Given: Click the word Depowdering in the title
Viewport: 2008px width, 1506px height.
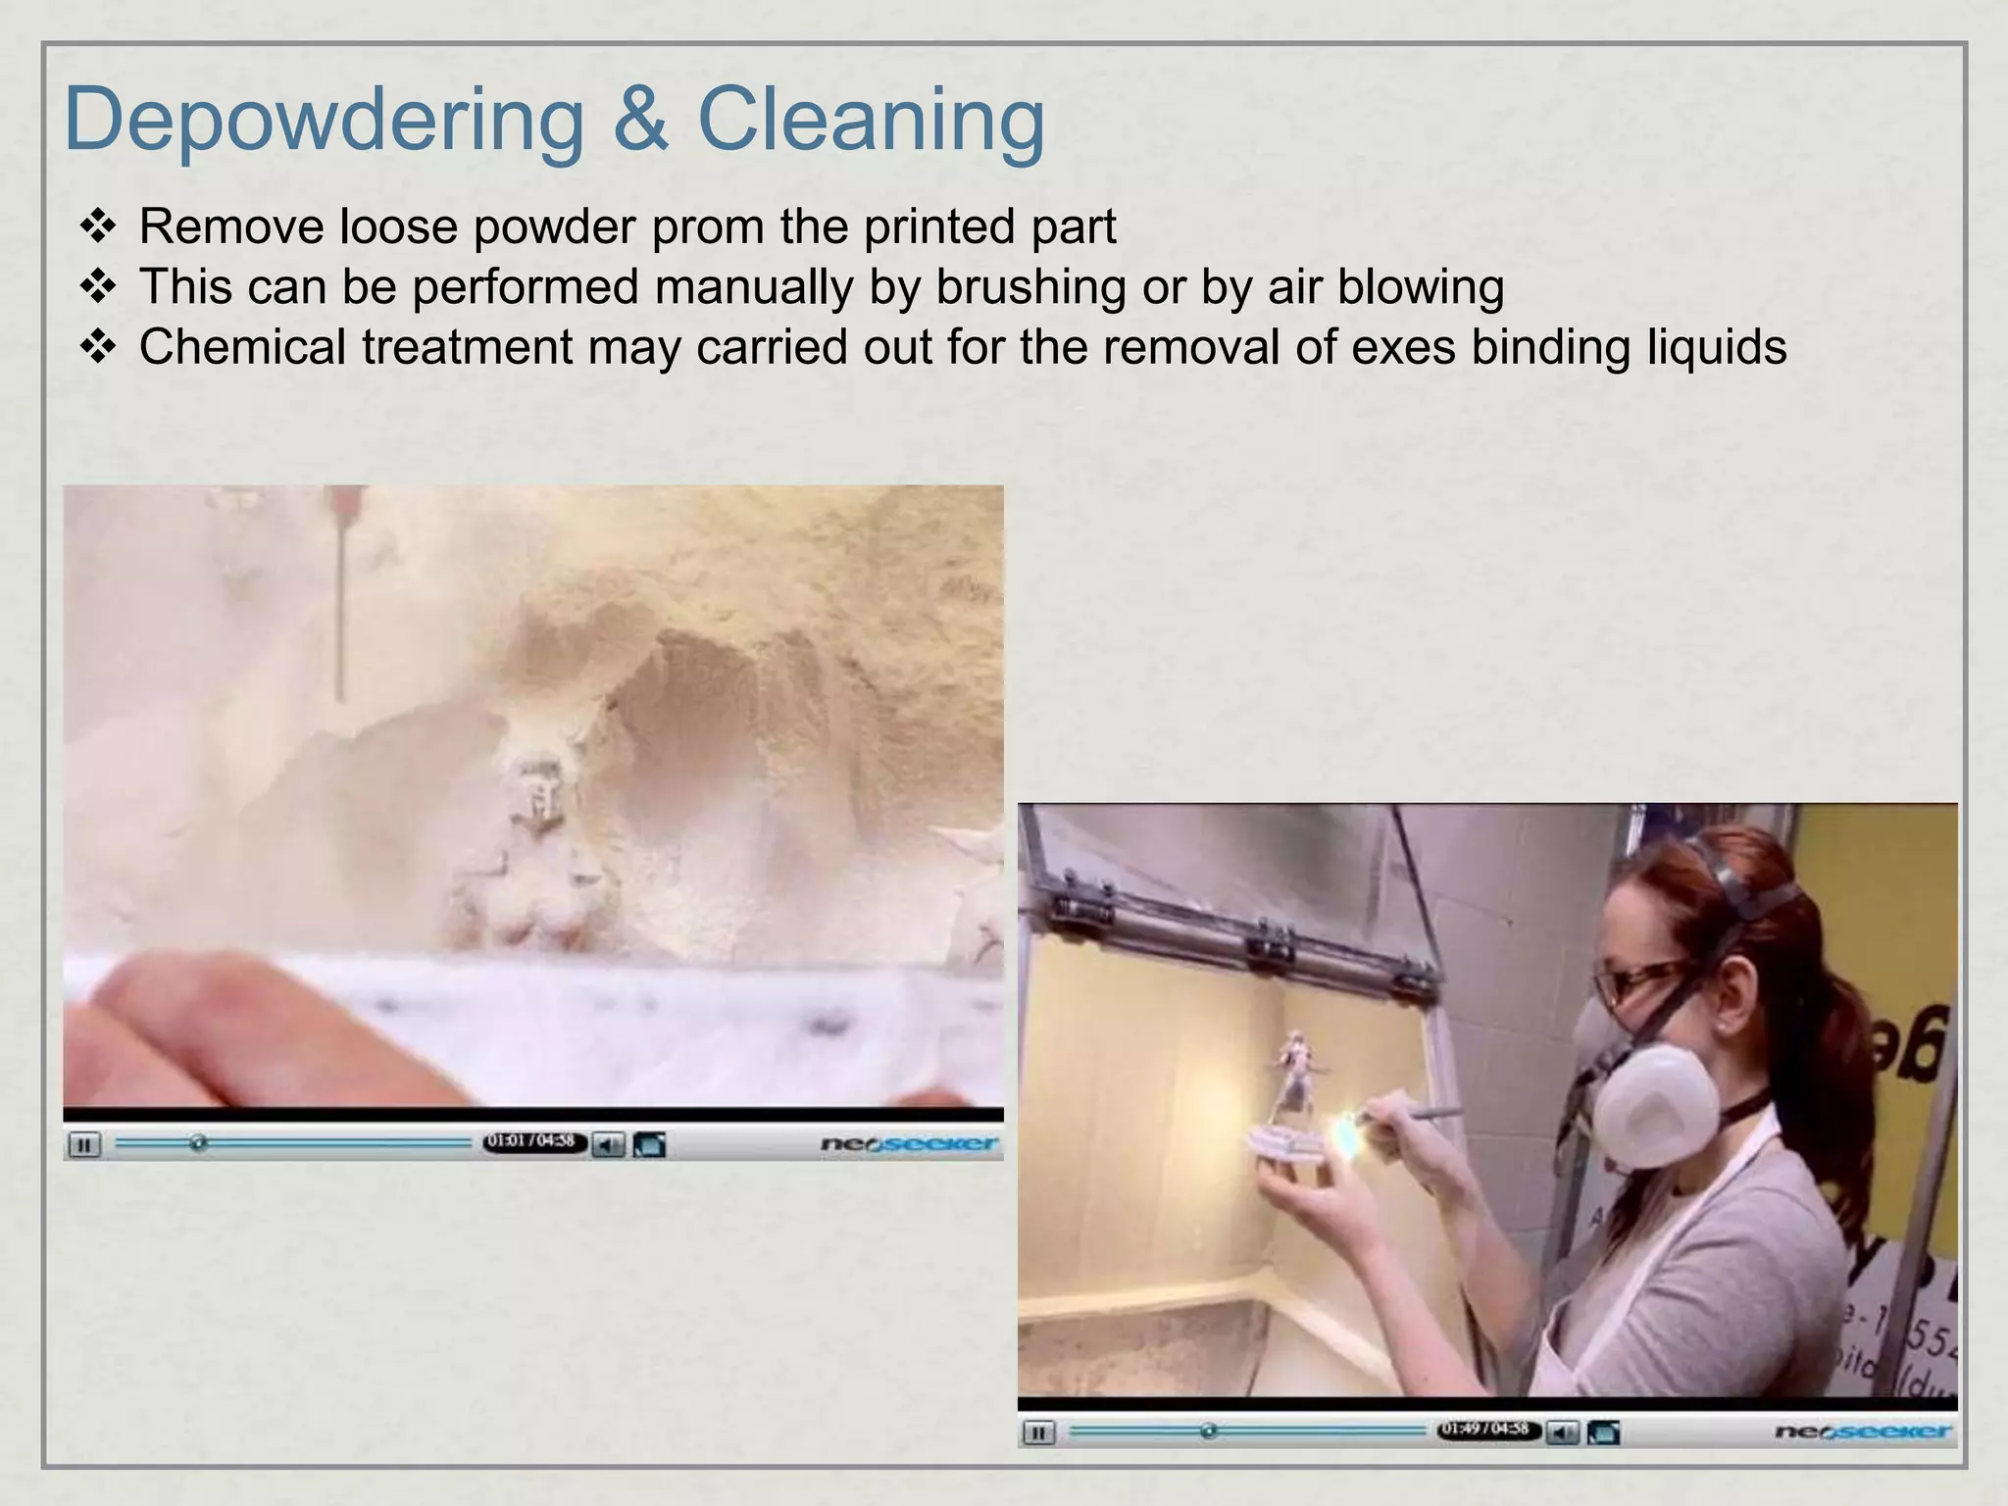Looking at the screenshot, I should point(324,121).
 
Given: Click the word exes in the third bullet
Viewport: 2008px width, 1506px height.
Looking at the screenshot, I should point(1403,349).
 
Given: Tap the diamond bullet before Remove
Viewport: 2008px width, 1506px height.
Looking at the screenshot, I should point(98,227).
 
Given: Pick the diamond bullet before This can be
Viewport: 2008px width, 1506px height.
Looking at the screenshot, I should point(98,287).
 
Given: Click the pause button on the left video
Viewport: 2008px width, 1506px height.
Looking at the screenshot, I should point(84,1144).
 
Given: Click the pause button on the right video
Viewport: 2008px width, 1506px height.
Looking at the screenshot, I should point(1038,1432).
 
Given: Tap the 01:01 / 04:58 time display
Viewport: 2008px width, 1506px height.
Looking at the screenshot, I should point(531,1142).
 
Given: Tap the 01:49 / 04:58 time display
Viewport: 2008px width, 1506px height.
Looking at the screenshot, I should point(1486,1431).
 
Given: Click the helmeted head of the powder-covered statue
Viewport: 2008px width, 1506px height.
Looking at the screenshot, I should point(535,784).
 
